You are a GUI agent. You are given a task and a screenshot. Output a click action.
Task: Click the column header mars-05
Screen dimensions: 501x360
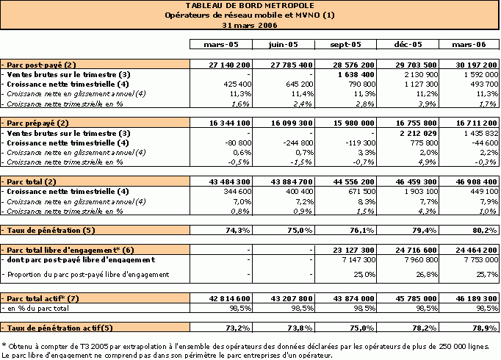[x=221, y=44]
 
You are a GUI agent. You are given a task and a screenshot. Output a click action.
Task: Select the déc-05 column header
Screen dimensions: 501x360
[x=408, y=44]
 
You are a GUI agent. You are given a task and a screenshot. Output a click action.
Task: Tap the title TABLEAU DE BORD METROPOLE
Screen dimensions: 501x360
[x=250, y=5]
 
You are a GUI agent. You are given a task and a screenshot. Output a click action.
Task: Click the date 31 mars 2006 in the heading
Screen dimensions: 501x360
[x=250, y=25]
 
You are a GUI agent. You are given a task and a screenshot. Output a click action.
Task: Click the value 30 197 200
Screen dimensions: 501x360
[x=477, y=65]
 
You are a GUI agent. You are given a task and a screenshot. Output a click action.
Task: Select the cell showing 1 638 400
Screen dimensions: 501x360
[x=356, y=74]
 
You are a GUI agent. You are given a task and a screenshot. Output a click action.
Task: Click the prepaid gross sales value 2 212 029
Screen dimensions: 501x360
[x=418, y=133]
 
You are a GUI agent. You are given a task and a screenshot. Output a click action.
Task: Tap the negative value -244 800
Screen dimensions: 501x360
[x=298, y=143]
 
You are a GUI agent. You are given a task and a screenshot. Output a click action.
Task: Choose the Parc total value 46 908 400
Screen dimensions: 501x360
[x=477, y=181]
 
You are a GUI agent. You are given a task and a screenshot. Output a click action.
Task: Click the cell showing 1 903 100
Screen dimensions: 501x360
[x=420, y=191]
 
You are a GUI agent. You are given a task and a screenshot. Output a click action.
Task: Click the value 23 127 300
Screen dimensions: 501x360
[x=353, y=250]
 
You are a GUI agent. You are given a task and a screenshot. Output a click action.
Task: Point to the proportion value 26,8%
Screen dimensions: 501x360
[x=427, y=274]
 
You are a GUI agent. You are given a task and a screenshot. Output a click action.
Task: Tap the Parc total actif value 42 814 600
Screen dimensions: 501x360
[x=229, y=299]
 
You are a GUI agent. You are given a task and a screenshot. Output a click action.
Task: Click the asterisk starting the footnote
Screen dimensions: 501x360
[x=4, y=345]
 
